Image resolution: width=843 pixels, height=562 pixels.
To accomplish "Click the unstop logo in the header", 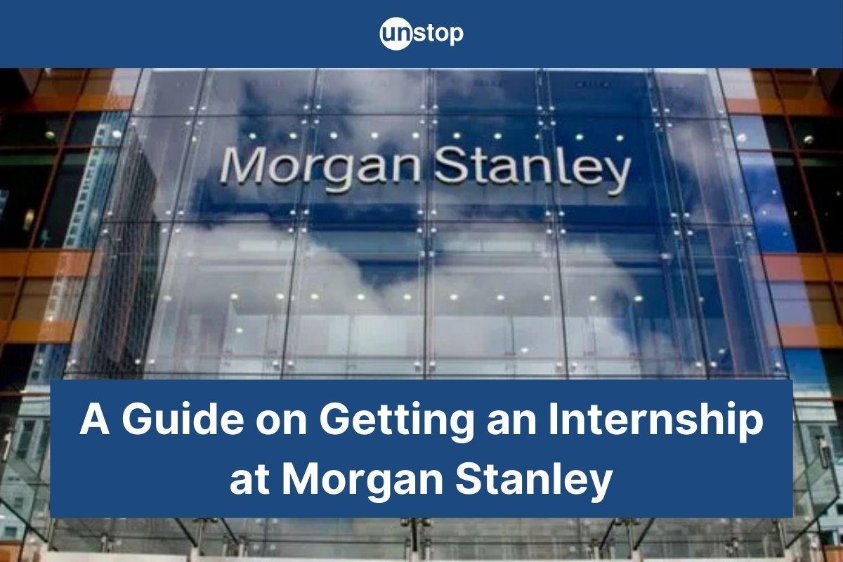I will click(x=421, y=34).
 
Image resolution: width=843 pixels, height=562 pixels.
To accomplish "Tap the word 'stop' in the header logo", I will click(x=438, y=34).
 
